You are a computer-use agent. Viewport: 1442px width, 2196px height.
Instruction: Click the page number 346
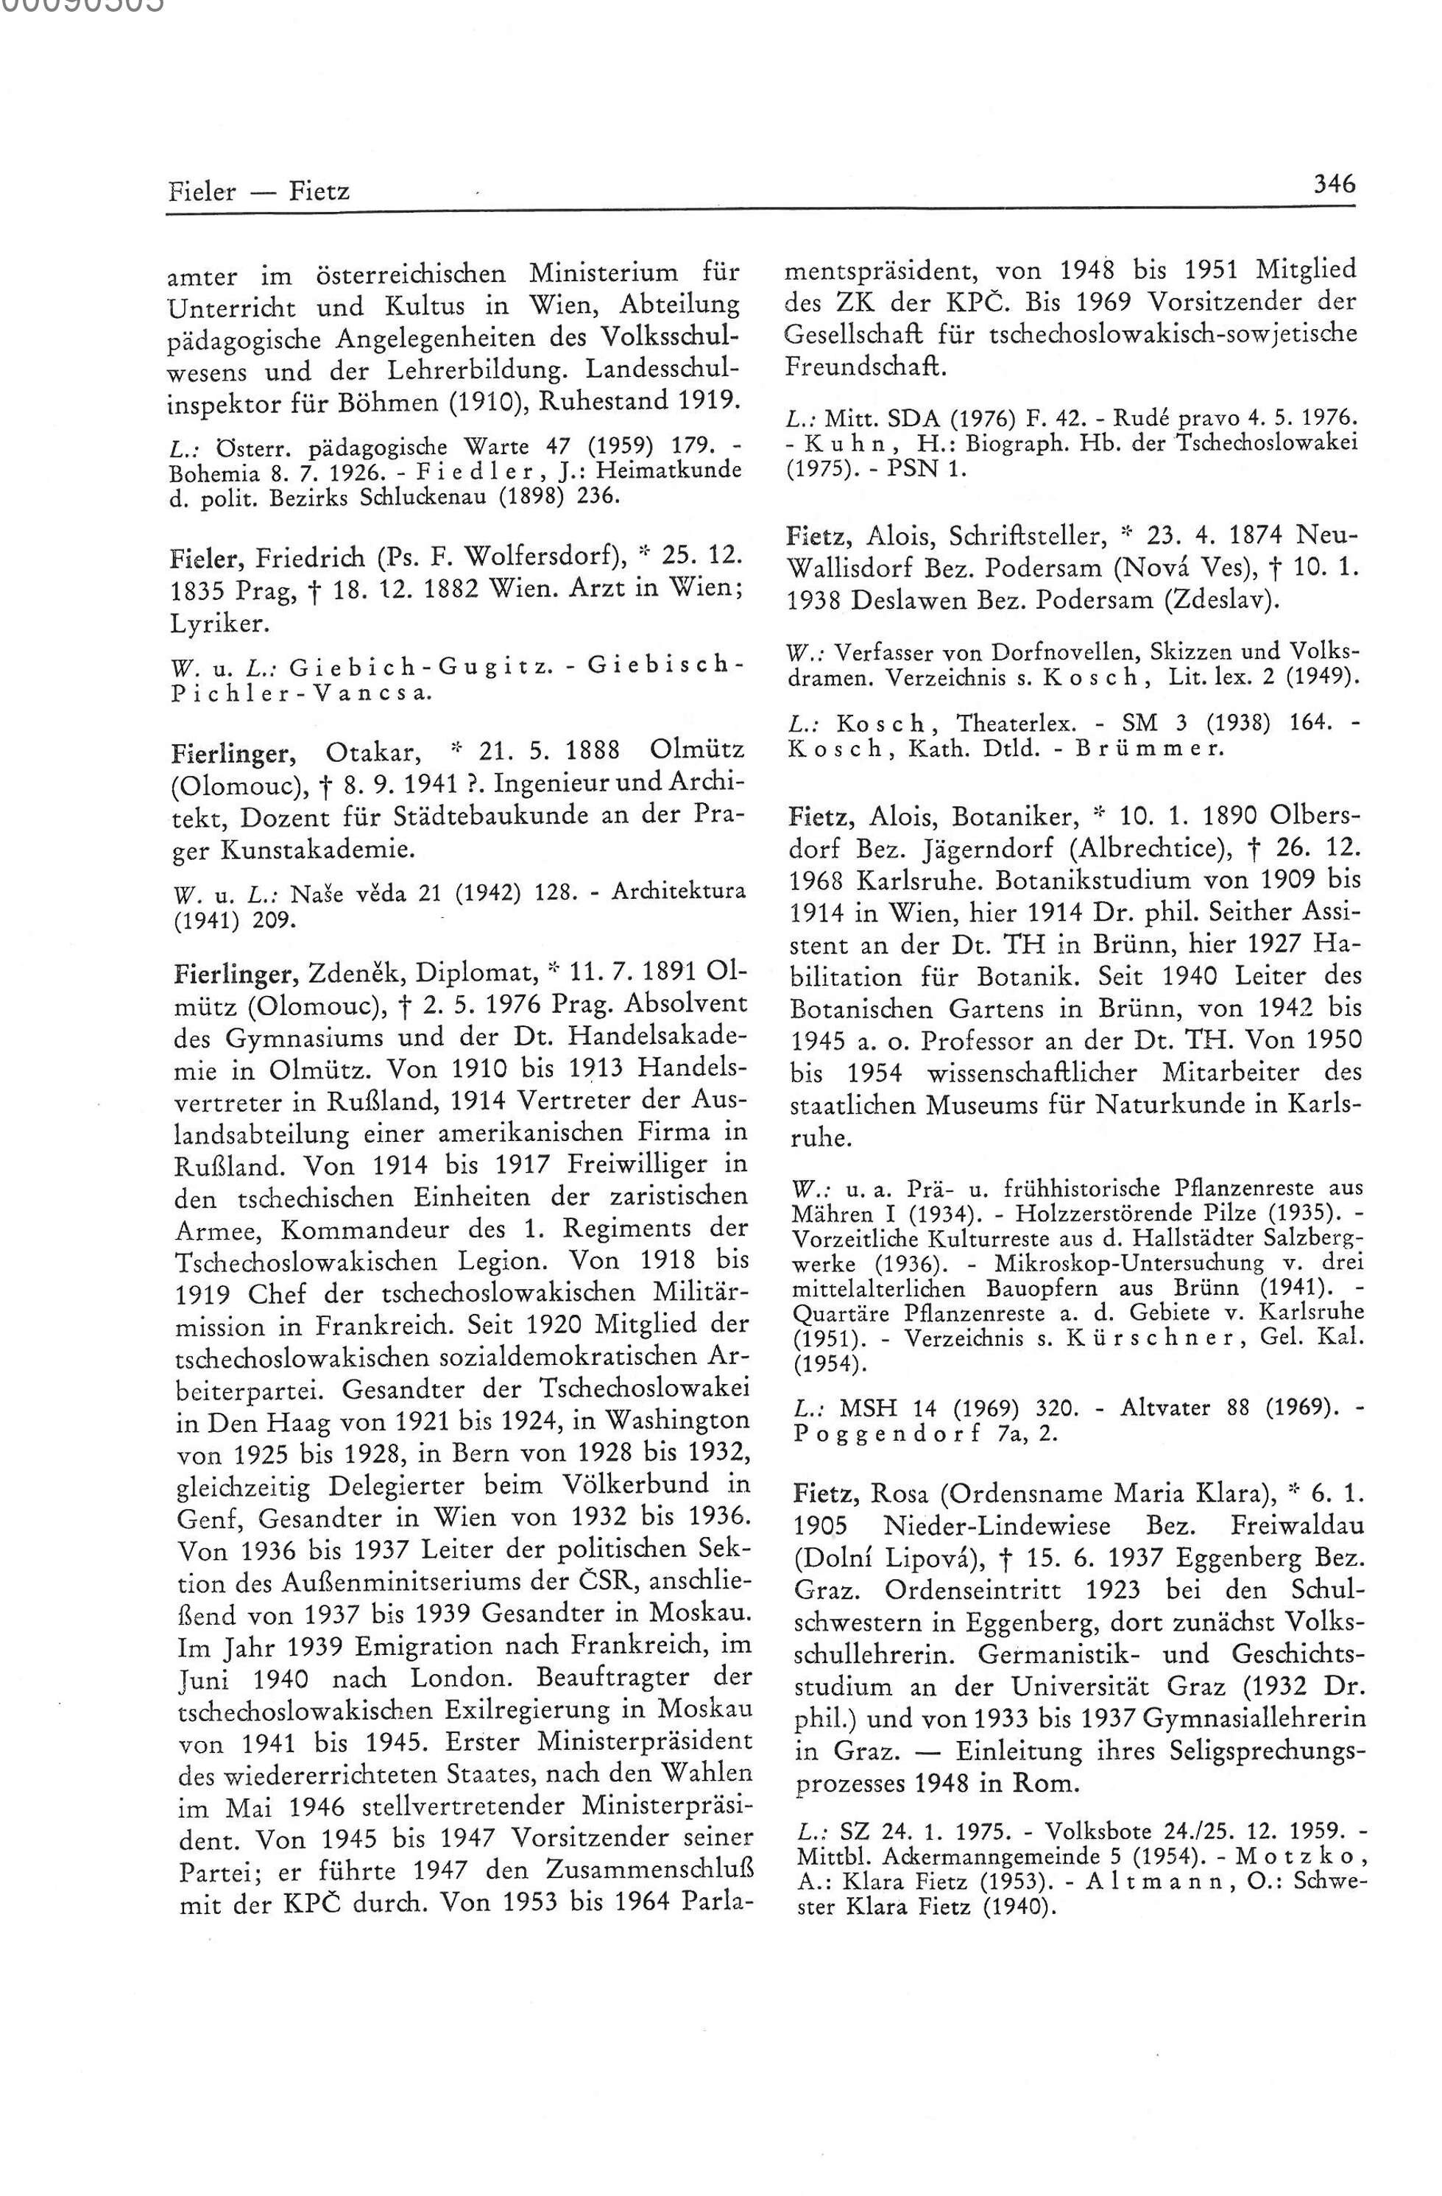tap(1334, 185)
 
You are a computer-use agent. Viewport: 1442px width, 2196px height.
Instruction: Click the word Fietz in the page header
tap(319, 192)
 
